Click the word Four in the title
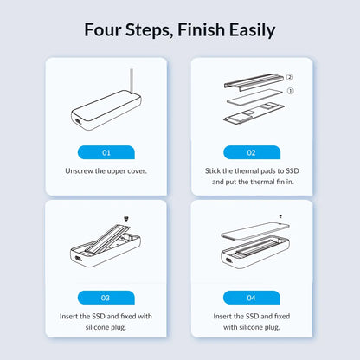coord(102,29)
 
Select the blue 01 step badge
coord(106,152)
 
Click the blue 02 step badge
coord(252,152)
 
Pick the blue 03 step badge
coord(106,298)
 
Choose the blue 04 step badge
coord(252,298)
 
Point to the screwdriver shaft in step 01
coord(132,80)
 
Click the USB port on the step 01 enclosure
coord(77,122)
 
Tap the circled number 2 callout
coord(290,77)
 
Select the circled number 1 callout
coord(291,91)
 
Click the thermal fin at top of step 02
coord(254,81)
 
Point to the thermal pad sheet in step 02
coord(254,97)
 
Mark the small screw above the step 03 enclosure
coord(126,219)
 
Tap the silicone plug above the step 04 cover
coord(280,216)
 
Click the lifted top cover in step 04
coord(255,231)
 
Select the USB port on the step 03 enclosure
coord(77,259)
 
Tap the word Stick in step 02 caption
coord(213,170)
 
